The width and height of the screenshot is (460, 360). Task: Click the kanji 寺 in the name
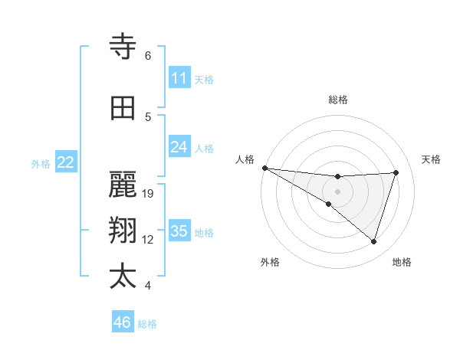123,47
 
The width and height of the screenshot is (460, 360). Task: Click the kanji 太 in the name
123,277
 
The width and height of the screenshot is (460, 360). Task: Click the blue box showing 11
179,78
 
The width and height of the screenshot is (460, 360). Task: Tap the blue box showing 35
179,231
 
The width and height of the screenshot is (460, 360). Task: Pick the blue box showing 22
66,162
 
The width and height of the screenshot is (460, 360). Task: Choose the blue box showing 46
123,322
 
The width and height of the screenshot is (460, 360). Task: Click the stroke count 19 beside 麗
149,193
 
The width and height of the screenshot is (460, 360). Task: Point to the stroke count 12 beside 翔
149,240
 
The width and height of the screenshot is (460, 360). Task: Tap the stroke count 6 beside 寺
148,56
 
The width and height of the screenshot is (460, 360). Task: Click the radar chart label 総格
337,100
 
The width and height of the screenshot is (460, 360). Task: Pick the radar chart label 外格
270,262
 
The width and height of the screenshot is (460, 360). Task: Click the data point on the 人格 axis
264,167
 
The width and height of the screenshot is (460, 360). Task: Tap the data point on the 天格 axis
396,172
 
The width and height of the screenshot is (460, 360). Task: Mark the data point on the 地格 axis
374,241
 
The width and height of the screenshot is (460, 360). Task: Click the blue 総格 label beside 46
147,324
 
